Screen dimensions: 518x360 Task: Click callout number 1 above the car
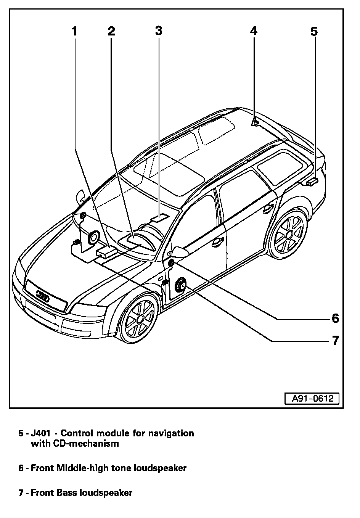click(x=75, y=31)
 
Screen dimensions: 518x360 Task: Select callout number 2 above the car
click(x=111, y=31)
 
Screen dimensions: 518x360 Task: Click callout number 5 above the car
click(x=313, y=31)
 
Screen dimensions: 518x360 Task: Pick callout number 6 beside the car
click(x=335, y=318)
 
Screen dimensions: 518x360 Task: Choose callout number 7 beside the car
click(x=335, y=340)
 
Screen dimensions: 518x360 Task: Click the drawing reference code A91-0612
click(x=312, y=399)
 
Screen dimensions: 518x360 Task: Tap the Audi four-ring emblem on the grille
click(x=42, y=296)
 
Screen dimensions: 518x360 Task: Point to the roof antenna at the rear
click(x=254, y=122)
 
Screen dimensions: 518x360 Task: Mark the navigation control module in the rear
click(x=312, y=182)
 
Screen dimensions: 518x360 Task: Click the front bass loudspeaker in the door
click(x=180, y=285)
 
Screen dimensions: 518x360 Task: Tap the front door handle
click(x=218, y=241)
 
